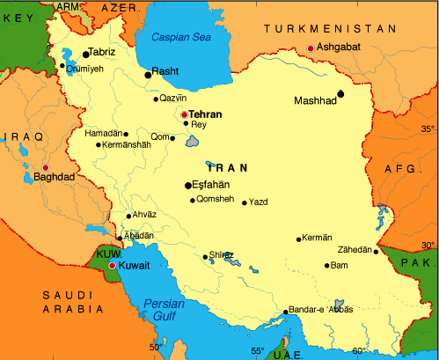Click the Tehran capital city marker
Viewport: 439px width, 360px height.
(x=184, y=114)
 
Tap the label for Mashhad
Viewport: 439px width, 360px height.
(x=315, y=101)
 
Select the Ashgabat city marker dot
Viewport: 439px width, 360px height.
(x=310, y=48)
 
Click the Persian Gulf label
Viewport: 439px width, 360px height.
(x=162, y=313)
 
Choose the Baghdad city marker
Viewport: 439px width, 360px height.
(x=46, y=166)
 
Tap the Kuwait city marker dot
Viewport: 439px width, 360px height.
(x=112, y=265)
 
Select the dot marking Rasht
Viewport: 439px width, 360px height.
(x=148, y=75)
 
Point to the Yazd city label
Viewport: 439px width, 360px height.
(x=259, y=202)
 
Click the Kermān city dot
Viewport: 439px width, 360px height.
(x=299, y=239)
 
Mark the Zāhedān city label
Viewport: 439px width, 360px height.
(x=351, y=250)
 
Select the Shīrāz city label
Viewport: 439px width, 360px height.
(x=222, y=255)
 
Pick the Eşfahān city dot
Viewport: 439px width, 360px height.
(x=187, y=185)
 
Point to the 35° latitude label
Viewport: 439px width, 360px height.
(x=428, y=129)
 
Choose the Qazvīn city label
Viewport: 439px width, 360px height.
(x=172, y=99)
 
